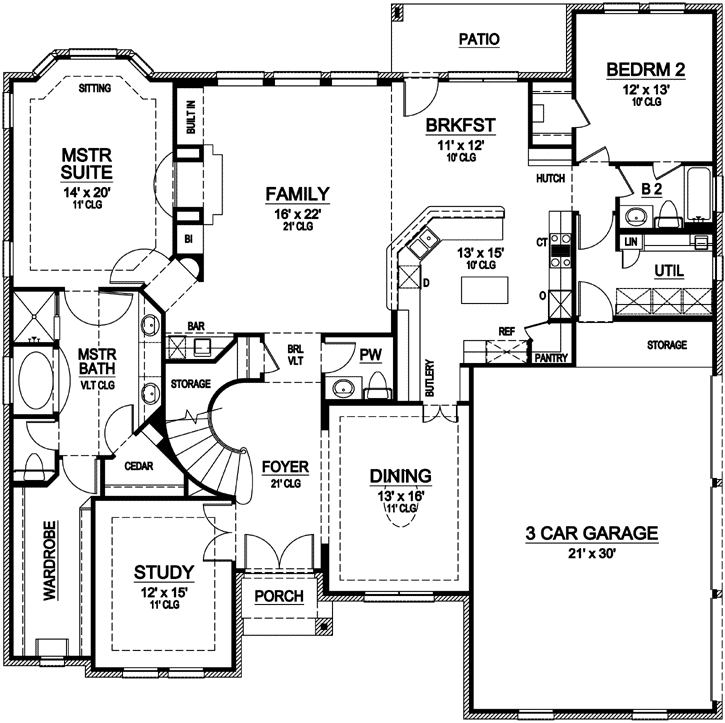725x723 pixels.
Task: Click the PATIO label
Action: [x=479, y=40]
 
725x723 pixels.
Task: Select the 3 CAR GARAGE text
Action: [x=592, y=533]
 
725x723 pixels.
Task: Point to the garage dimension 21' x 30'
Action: [x=592, y=553]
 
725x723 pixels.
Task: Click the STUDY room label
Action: [x=163, y=572]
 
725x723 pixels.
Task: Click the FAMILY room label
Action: [x=297, y=192]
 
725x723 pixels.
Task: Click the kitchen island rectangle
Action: [x=483, y=291]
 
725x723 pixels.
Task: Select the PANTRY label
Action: [x=551, y=357]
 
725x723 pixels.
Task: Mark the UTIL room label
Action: [x=669, y=271]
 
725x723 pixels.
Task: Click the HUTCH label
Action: [x=551, y=178]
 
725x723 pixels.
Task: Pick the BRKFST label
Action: [x=460, y=126]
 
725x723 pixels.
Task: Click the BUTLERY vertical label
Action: [x=429, y=379]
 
